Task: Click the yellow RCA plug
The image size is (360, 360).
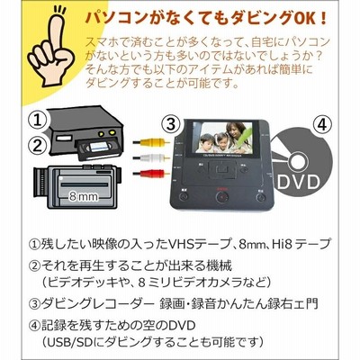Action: coord(151,141)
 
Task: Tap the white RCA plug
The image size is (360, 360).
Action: coord(151,157)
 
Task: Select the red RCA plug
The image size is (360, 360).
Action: coord(151,173)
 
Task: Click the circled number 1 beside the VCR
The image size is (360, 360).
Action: coord(38,121)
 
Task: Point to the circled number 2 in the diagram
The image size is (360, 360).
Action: coord(38,146)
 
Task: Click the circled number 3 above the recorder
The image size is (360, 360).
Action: coord(171,124)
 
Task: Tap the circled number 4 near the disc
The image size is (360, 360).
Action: coord(322,125)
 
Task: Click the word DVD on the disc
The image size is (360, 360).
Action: coord(298,181)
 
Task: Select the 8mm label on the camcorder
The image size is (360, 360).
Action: coord(83,196)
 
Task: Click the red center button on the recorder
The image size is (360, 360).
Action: coord(222,197)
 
